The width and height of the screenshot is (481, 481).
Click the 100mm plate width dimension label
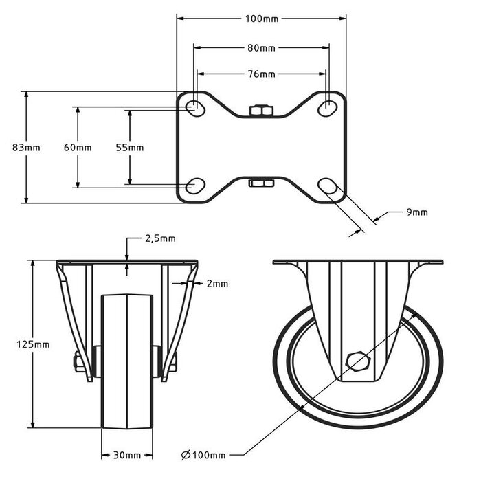[262, 19]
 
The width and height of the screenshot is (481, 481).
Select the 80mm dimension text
[261, 48]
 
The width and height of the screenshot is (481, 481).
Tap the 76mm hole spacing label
[261, 74]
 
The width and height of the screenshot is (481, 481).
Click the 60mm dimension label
[77, 148]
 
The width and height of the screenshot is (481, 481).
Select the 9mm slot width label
[416, 212]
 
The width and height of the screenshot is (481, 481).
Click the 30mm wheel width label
[128, 455]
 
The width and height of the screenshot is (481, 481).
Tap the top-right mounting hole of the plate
[328, 107]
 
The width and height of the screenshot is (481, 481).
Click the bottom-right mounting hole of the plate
[328, 186]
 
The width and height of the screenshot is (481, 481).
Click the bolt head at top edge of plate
[261, 111]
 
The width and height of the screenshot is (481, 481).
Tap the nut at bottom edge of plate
[261, 182]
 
